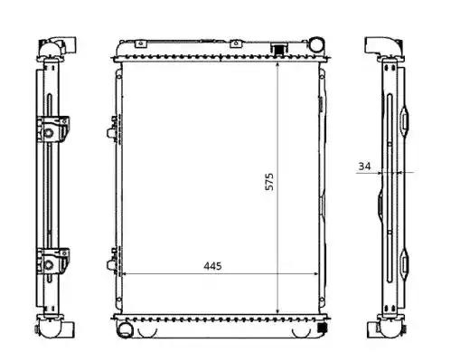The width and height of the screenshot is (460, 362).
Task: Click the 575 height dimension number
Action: (x=269, y=181)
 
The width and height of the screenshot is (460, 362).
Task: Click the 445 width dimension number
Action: (x=212, y=266)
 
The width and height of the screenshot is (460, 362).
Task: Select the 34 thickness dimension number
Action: (x=364, y=166)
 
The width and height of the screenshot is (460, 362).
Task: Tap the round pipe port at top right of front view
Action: (x=316, y=44)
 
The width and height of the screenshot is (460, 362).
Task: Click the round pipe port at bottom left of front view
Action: (x=126, y=329)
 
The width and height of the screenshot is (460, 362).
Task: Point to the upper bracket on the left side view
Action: (x=53, y=129)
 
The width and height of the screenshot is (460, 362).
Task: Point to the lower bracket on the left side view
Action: (x=53, y=262)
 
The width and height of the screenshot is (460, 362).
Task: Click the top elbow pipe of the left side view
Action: (x=57, y=47)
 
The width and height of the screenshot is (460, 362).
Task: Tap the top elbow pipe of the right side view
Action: (x=383, y=47)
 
